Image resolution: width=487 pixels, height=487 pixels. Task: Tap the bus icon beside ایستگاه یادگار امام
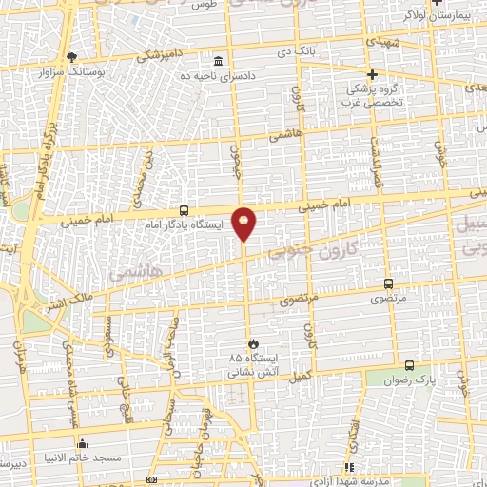(x=184, y=211)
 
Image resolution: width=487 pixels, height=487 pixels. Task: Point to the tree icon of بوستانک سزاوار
(x=71, y=56)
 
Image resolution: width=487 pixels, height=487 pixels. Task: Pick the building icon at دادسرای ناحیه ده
(x=218, y=59)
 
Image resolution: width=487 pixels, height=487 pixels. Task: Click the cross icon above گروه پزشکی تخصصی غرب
(x=373, y=74)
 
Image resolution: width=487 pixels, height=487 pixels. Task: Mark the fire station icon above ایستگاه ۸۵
(x=252, y=342)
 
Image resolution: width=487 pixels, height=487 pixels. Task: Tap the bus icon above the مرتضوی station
(x=388, y=283)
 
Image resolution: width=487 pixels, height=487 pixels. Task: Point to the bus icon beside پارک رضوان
(x=409, y=365)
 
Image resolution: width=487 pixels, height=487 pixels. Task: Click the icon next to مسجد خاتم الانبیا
(x=83, y=443)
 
